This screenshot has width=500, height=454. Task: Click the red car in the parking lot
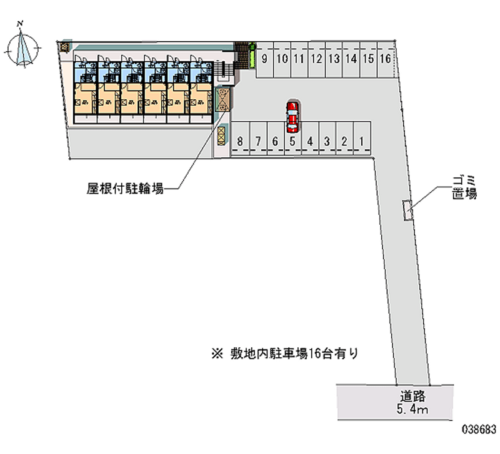tap(292, 116)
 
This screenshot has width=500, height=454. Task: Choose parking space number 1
tap(362, 141)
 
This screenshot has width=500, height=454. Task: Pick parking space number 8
tap(240, 141)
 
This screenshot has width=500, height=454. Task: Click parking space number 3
tap(327, 141)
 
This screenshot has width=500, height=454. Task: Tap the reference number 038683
tap(479, 431)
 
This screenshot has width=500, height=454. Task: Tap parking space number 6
tap(275, 141)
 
